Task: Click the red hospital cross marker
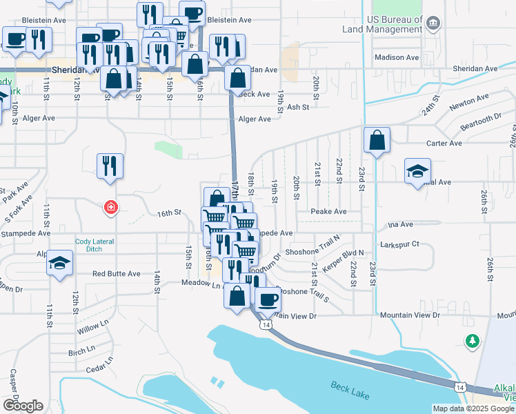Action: click(110, 207)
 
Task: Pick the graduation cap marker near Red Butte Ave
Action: click(60, 263)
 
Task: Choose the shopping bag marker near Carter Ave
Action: click(377, 141)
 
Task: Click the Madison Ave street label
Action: click(397, 57)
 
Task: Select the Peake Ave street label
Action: click(328, 212)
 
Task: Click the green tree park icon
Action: click(472, 340)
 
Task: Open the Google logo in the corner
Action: click(22, 405)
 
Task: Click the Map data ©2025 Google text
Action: click(473, 408)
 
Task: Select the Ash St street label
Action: click(298, 107)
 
